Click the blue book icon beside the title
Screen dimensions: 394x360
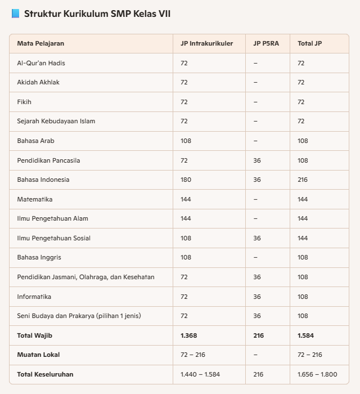pos(15,14)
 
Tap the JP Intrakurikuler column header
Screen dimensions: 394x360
pos(206,43)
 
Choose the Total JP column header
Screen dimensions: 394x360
pos(309,43)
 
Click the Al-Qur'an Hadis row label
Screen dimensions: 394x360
pos(41,63)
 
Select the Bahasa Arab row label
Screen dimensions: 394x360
pos(36,141)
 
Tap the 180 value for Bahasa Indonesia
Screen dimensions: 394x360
pos(186,180)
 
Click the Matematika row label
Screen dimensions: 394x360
pos(35,199)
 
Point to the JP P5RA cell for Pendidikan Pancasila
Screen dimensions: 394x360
pos(257,160)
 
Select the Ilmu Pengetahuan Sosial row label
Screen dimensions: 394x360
pos(54,238)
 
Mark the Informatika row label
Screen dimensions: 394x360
pos(34,297)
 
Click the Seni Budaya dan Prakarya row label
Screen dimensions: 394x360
pos(79,316)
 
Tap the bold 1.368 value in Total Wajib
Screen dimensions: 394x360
pos(188,335)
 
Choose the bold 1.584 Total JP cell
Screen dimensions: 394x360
pos(305,335)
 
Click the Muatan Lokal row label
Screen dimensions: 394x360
pos(38,355)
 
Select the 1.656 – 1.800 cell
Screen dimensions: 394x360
pos(317,374)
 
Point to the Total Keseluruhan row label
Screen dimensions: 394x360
pos(45,374)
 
